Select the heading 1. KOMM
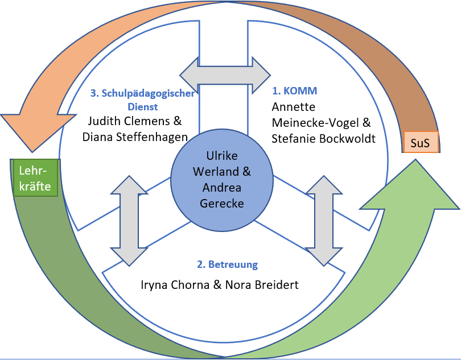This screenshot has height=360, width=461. tap(294, 91)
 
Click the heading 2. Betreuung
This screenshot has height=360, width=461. tap(227, 264)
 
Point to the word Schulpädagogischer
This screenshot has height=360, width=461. tap(143, 93)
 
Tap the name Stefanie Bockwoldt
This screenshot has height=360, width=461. tap(323, 138)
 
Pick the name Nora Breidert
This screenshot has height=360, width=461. tap(265, 284)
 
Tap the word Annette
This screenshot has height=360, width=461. tap(293, 107)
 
